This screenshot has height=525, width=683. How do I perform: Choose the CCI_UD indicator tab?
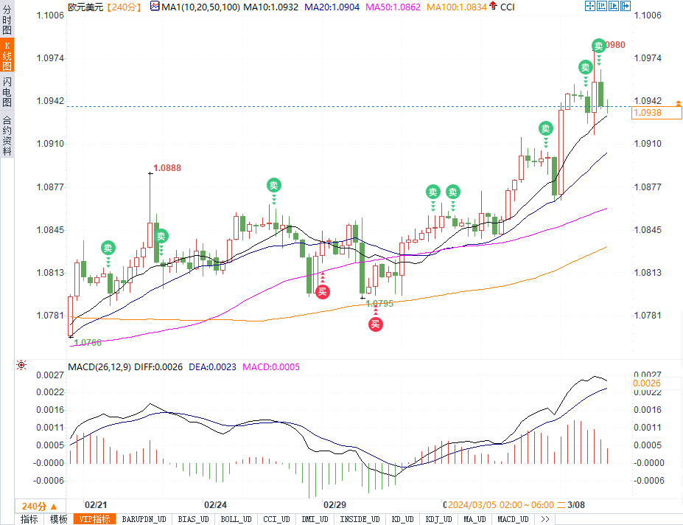[x=276, y=519]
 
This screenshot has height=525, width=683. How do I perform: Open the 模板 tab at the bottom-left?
[x=58, y=519]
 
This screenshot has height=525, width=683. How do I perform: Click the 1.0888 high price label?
[x=167, y=168]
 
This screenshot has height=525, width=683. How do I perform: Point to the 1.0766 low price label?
[x=88, y=342]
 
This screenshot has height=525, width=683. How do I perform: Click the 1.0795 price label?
[x=379, y=303]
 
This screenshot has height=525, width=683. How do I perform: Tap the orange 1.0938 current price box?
[x=656, y=113]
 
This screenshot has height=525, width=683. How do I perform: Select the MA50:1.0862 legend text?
[x=398, y=7]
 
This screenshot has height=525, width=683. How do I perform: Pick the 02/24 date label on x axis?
[x=215, y=505]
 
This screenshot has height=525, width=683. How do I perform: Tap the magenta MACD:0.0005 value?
[x=271, y=366]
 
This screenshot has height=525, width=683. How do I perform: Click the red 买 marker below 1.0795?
[x=376, y=324]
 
